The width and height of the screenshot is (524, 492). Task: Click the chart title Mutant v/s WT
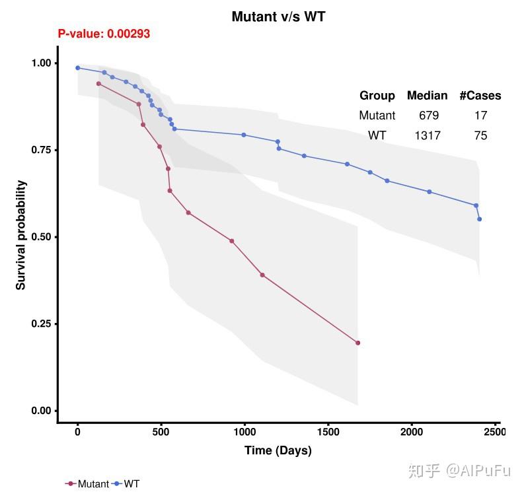[x=278, y=17]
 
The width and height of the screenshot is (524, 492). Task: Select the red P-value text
[x=104, y=34]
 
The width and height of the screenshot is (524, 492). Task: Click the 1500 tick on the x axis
[x=328, y=432]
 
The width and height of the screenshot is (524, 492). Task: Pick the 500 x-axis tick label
[x=161, y=432]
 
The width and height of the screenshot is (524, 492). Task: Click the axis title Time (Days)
[x=278, y=450]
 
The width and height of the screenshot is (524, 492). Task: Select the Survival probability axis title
[x=21, y=235]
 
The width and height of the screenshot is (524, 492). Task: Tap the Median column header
[x=427, y=95]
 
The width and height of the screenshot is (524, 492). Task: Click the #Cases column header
[x=480, y=95]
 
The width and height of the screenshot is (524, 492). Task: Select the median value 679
[x=429, y=116]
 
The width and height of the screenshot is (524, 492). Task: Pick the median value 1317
[x=428, y=135]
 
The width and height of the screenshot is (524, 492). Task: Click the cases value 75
[x=480, y=135]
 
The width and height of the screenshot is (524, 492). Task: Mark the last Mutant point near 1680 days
[x=357, y=343]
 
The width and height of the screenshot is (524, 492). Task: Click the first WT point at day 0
[x=77, y=67]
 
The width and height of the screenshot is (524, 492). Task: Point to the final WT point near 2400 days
[x=479, y=219]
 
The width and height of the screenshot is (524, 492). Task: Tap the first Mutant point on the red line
[x=98, y=83]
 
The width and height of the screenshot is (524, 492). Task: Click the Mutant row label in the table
[x=377, y=116]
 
